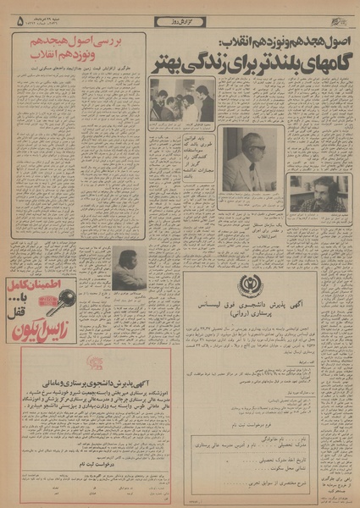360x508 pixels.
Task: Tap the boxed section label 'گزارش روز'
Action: click(x=180, y=20)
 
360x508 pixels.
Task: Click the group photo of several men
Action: click(x=182, y=101)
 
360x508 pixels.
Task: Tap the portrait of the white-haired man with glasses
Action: click(x=247, y=159)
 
